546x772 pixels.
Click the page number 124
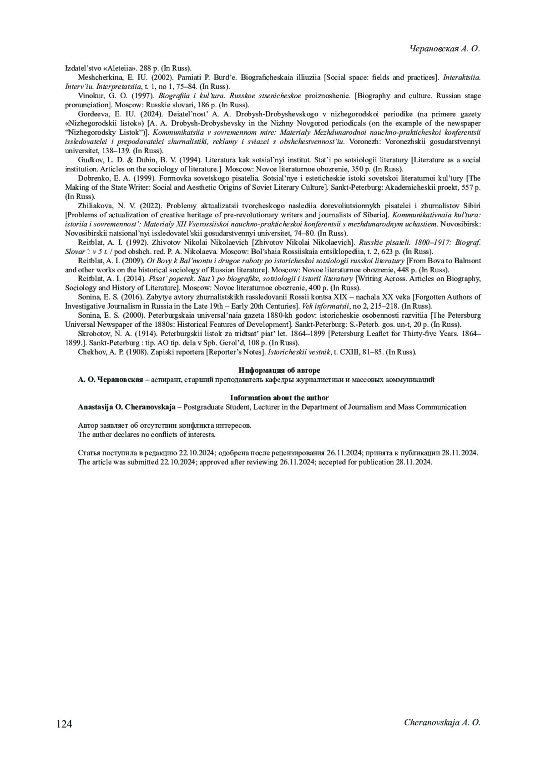(x=64, y=724)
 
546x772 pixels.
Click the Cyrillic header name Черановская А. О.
(x=445, y=49)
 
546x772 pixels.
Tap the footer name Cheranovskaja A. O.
(x=442, y=722)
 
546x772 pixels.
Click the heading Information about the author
(x=279, y=397)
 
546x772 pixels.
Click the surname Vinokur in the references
(x=91, y=96)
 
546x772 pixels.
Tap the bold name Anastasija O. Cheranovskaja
(x=126, y=407)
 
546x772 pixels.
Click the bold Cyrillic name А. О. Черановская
(x=111, y=379)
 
